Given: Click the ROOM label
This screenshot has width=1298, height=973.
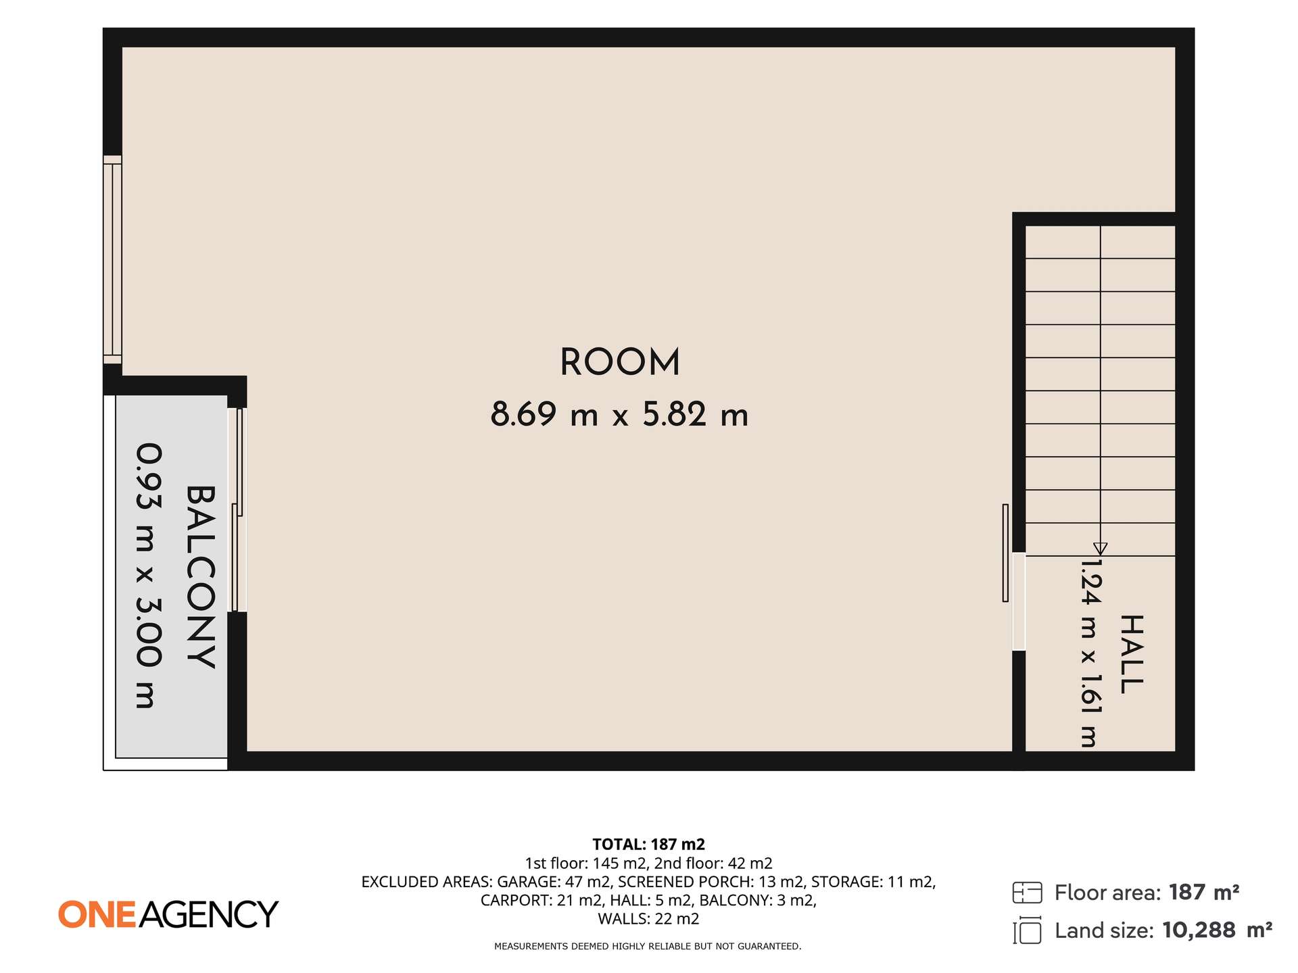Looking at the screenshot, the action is (x=619, y=362).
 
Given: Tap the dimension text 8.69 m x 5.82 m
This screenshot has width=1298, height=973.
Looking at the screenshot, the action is (x=619, y=414).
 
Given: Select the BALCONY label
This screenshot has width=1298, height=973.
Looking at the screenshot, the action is (x=201, y=577).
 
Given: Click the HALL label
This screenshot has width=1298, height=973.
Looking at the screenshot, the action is (x=1132, y=654).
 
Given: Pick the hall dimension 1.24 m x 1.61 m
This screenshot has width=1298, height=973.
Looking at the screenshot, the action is (x=1090, y=653).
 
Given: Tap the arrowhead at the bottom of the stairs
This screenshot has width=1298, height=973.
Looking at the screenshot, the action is (x=1100, y=549).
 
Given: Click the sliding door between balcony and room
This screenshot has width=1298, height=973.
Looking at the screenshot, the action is (x=237, y=510).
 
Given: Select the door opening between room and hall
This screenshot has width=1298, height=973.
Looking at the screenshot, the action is (x=1018, y=601).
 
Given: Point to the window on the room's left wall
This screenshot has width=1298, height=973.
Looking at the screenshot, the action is (x=112, y=259).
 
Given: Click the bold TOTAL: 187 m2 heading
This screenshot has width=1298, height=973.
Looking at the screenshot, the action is (x=648, y=844).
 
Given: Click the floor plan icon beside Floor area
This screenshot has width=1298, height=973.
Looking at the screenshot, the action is (x=1027, y=893).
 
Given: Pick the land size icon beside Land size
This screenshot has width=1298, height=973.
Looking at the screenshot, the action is (x=1027, y=930).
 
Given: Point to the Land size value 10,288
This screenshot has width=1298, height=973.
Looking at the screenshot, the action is (x=1199, y=931).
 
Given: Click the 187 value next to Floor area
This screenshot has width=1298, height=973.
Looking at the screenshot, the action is (x=1187, y=893).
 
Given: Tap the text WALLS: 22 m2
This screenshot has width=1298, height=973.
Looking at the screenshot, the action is (x=648, y=919).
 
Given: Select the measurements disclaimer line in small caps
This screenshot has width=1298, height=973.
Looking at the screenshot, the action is (x=648, y=947).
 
